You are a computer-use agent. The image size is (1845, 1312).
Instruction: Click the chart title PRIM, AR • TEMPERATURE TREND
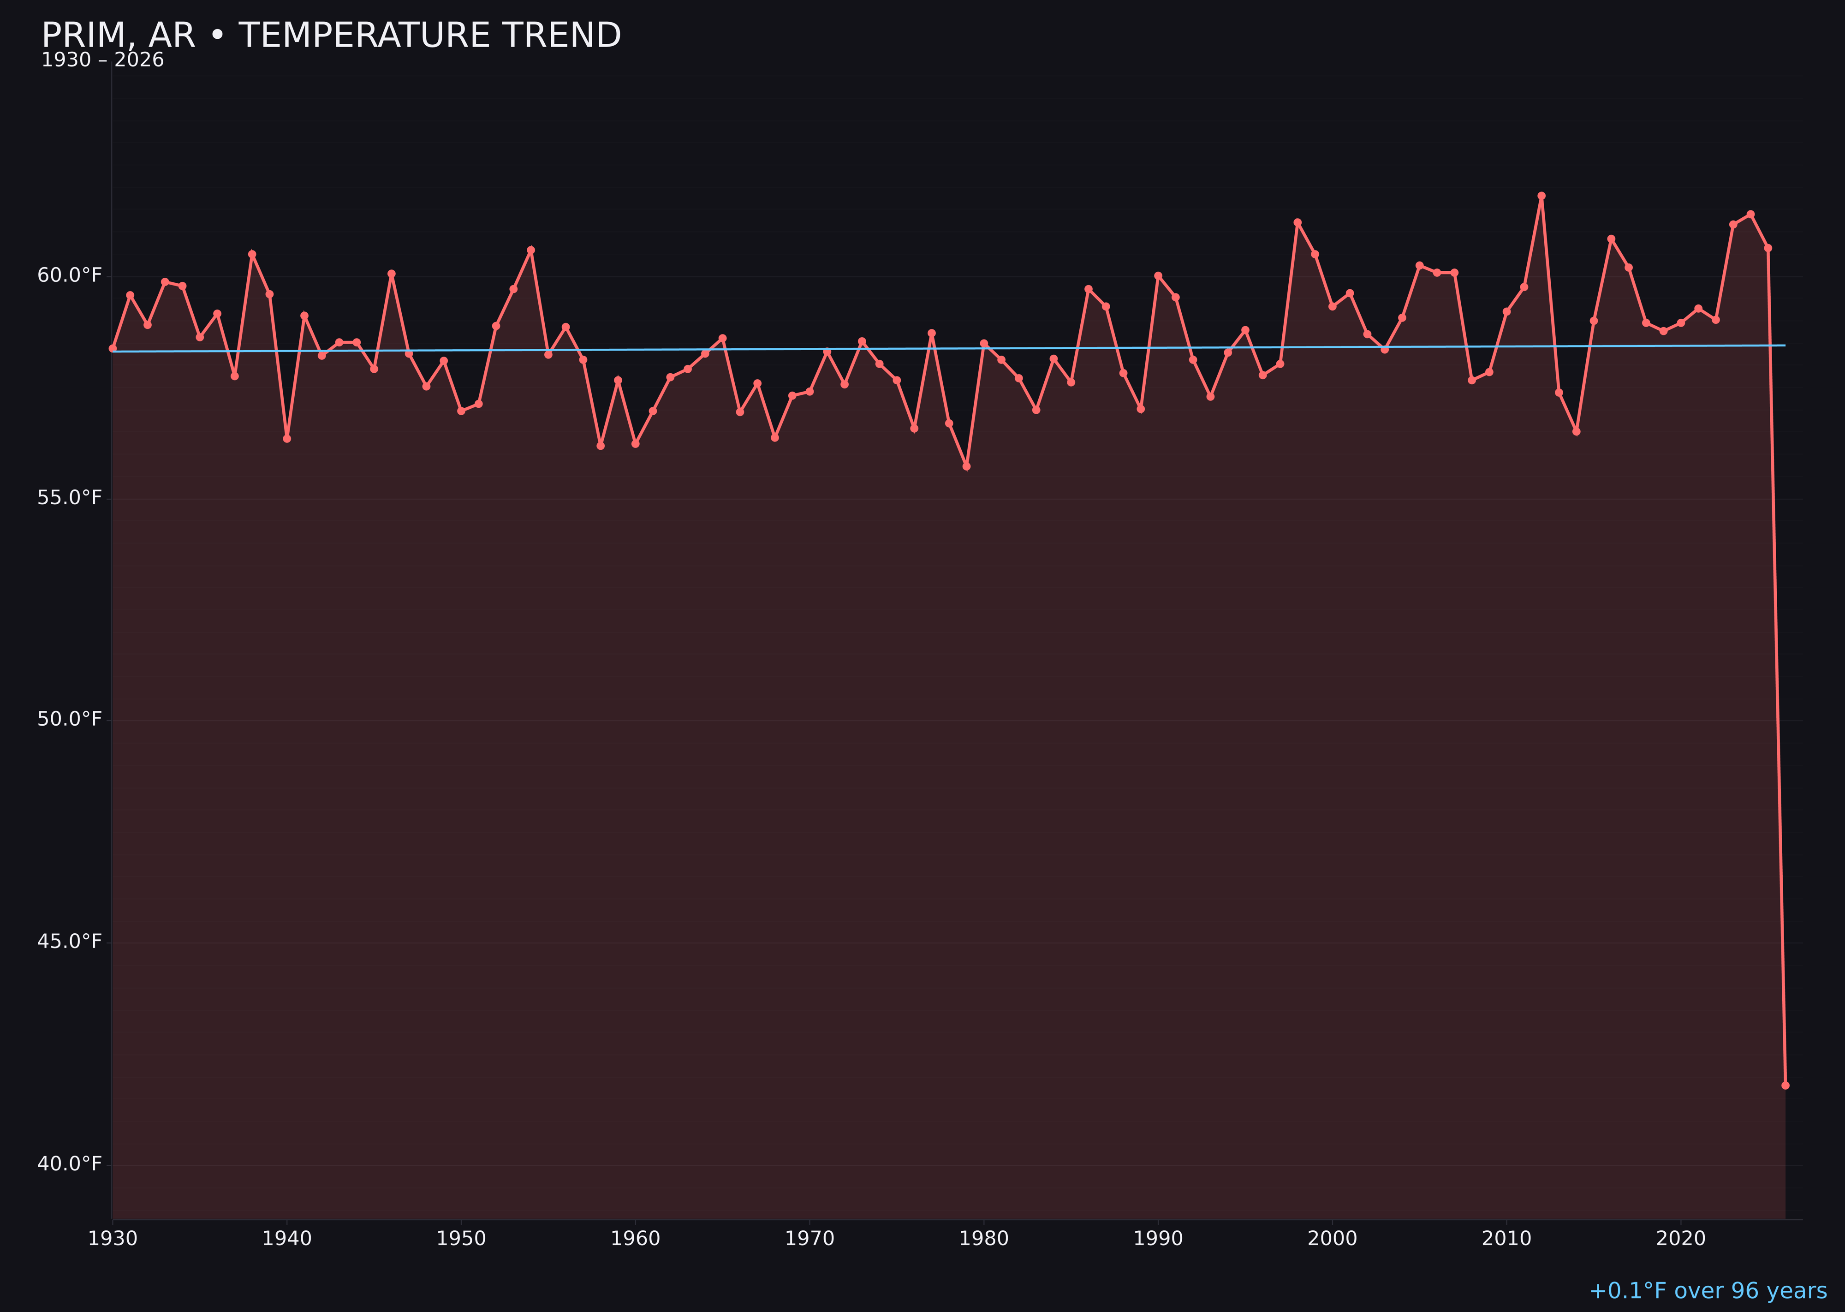[x=331, y=36]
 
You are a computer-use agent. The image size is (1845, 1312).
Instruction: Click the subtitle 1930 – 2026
[x=102, y=60]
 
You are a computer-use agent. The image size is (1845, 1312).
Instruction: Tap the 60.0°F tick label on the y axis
[x=70, y=275]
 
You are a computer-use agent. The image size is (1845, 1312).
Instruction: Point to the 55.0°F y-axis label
[x=70, y=498]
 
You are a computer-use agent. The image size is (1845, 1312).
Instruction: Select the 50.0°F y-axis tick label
[x=70, y=719]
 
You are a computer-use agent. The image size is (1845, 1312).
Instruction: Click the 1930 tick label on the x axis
[x=113, y=1239]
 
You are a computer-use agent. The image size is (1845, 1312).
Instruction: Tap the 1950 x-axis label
[x=461, y=1239]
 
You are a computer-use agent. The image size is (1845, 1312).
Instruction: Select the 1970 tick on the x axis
[x=809, y=1239]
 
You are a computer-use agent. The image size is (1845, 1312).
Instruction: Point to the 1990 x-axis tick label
[x=1158, y=1239]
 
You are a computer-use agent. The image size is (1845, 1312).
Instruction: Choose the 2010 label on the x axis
[x=1506, y=1239]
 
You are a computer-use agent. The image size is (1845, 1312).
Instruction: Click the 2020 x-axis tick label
[x=1681, y=1239]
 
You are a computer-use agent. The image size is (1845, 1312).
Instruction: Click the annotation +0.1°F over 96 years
[x=1708, y=1291]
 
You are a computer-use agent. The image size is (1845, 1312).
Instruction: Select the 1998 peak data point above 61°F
[x=1297, y=223]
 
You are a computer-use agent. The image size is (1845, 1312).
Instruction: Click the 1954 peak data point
[x=531, y=250]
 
